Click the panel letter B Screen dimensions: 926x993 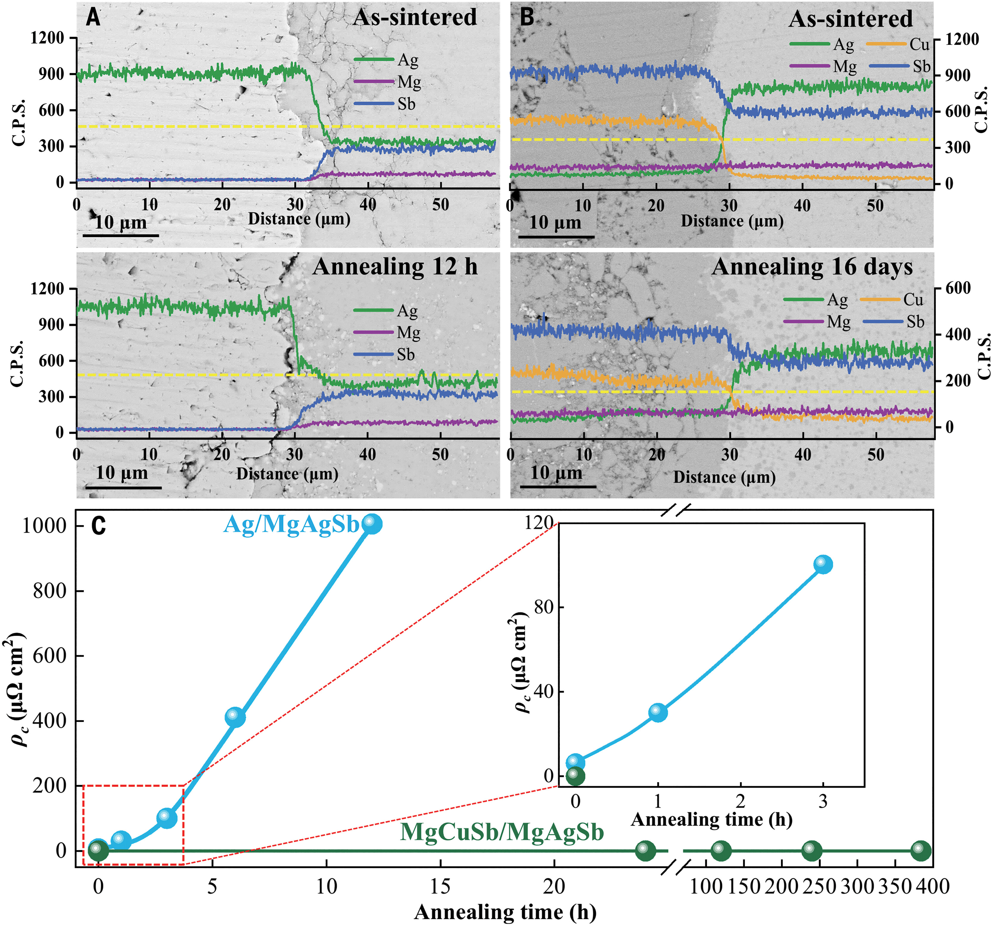(527, 18)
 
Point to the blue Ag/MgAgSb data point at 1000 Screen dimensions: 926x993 (372, 524)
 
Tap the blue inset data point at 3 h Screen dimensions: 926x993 (823, 564)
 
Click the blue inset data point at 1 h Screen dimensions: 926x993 (658, 712)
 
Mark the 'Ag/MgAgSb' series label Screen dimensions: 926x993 (291, 525)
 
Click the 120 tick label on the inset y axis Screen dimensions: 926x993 (538, 523)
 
